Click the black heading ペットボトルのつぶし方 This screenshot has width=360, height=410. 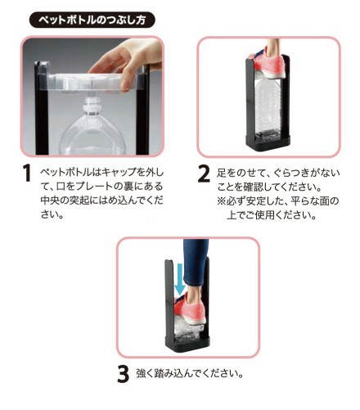(x=92, y=20)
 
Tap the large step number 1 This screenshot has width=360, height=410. (x=27, y=173)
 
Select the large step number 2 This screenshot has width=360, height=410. (x=204, y=173)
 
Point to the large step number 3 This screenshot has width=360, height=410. (x=123, y=374)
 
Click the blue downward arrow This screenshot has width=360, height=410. (x=180, y=279)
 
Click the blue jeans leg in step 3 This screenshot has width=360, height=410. (x=196, y=263)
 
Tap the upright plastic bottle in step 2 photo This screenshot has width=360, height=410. (x=268, y=108)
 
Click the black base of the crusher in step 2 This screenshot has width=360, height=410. (x=268, y=142)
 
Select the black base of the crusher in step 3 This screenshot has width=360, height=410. (x=187, y=344)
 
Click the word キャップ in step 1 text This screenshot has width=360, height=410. (x=119, y=172)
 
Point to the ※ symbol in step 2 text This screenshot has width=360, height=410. (x=221, y=201)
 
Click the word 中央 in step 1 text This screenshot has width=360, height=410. (x=50, y=200)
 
